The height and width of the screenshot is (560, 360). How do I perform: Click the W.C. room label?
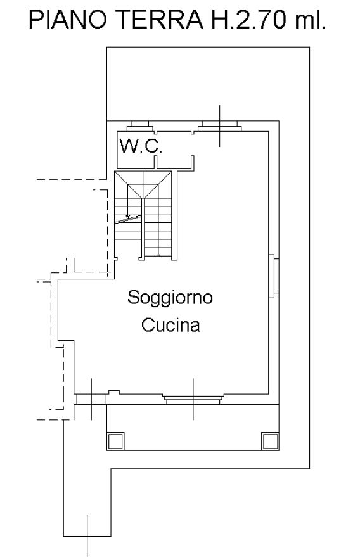click(x=141, y=146)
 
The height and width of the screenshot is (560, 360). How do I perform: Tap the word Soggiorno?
click(x=170, y=298)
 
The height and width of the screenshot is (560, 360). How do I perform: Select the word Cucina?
click(x=170, y=325)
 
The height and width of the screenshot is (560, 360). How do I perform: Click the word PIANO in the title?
click(x=68, y=20)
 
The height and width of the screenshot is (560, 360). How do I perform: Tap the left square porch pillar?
click(x=116, y=441)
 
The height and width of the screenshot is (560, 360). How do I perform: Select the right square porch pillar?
click(x=270, y=441)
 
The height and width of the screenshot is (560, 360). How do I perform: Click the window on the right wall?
click(x=273, y=276)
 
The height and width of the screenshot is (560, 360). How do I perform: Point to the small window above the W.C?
click(x=140, y=126)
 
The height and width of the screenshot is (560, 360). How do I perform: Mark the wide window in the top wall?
click(x=219, y=126)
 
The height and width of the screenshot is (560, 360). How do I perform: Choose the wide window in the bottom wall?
click(x=193, y=399)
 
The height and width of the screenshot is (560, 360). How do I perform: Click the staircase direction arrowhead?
click(x=128, y=217)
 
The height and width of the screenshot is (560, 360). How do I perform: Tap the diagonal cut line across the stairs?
click(x=128, y=219)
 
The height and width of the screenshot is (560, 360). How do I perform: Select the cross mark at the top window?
click(x=219, y=126)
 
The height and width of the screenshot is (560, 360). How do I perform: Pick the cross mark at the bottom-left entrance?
click(x=91, y=399)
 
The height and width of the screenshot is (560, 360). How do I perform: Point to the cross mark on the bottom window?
click(x=193, y=399)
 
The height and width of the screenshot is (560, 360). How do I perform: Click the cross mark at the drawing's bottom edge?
click(x=87, y=536)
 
